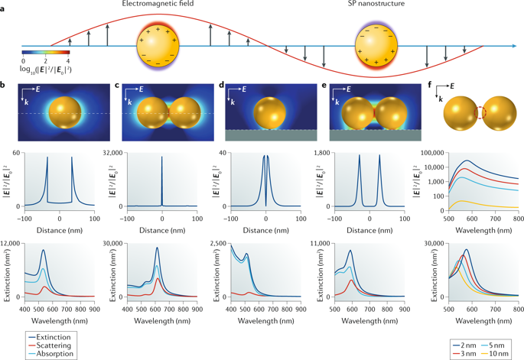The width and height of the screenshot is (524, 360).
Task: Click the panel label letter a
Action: (5, 6)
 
